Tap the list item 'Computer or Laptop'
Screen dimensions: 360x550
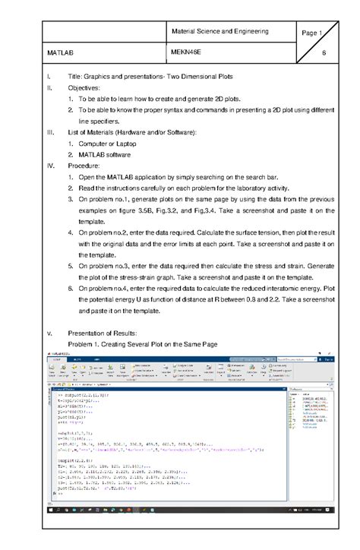pos(114,144)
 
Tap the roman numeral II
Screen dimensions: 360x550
pos(49,88)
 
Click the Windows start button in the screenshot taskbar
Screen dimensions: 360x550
pos(49,510)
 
